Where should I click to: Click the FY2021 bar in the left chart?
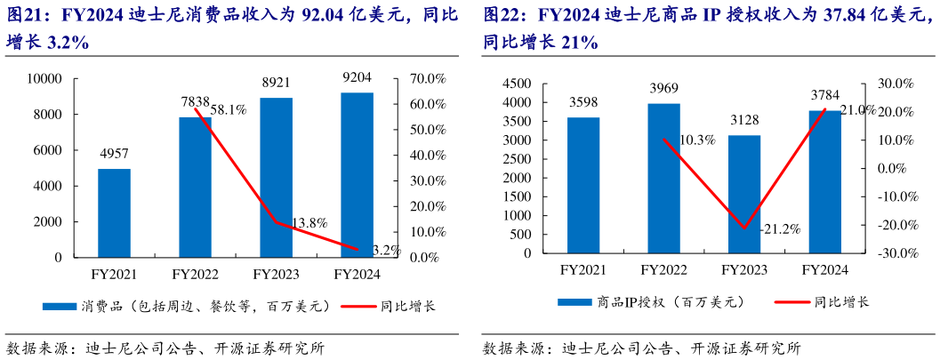[114, 212]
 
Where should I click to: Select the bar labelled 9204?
[357, 174]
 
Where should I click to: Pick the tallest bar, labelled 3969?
[663, 178]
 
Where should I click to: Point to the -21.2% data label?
[780, 228]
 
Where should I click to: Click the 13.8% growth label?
[310, 222]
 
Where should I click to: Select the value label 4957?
[114, 153]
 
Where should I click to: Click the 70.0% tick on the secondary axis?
[427, 78]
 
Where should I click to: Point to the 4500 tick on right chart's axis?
[517, 83]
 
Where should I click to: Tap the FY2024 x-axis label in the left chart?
[357, 274]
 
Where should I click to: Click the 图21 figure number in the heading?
[25, 15]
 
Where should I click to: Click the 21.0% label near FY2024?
[857, 110]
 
